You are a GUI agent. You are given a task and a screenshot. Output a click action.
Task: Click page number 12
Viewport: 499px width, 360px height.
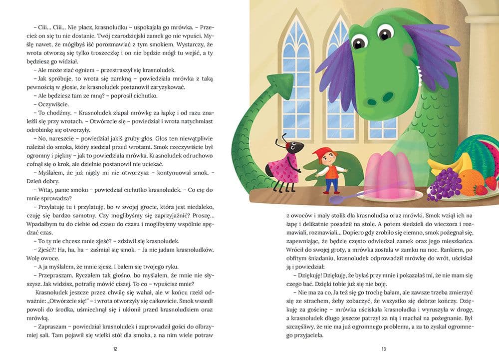coord(116,349)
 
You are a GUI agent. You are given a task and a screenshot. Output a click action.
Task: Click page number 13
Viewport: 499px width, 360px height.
coord(383,349)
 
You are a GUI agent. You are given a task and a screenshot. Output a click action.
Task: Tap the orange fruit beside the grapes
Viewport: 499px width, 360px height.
coord(469,180)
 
